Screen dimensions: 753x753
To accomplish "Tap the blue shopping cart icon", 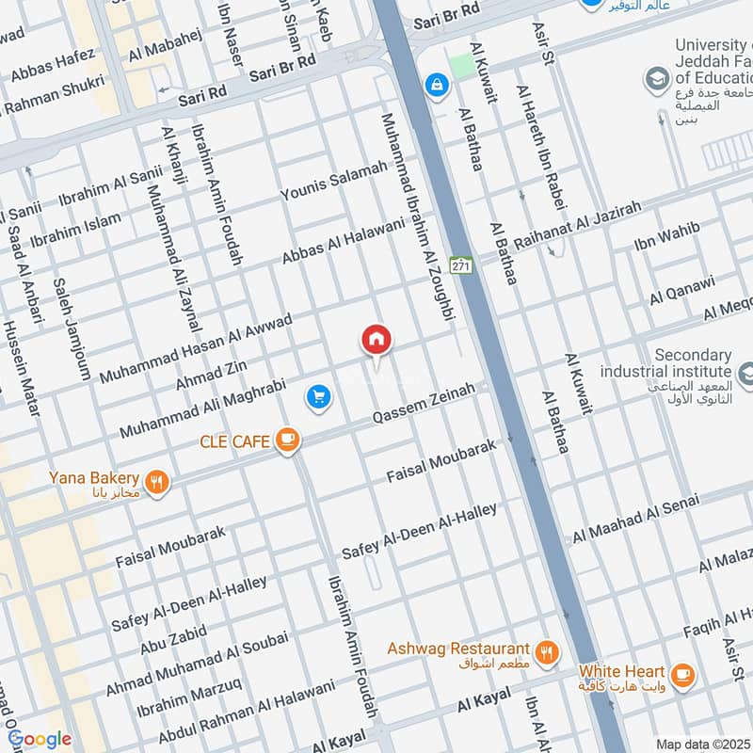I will (319, 397).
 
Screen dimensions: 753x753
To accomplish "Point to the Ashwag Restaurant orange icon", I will (545, 650).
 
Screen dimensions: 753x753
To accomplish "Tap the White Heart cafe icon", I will (681, 674).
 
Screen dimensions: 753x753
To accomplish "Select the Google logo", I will (39, 739).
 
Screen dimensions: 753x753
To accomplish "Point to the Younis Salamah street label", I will (334, 182).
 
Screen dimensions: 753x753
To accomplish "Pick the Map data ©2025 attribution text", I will (701, 744).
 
